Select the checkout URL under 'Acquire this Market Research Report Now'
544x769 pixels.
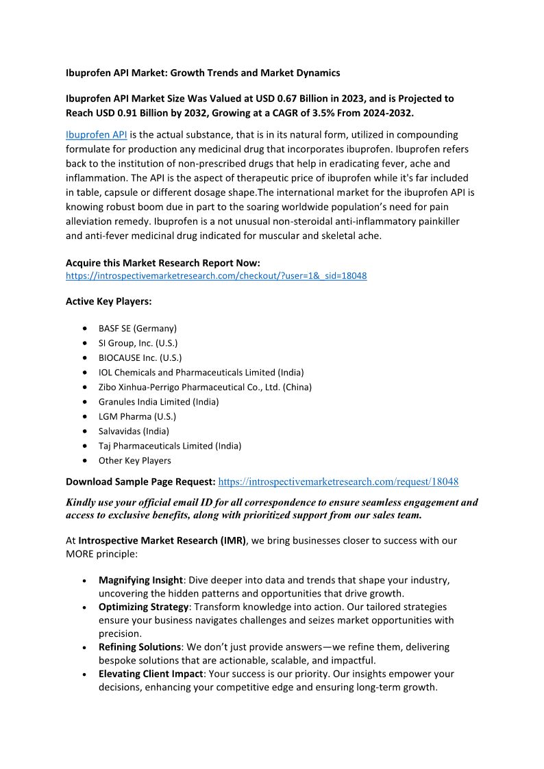point(216,276)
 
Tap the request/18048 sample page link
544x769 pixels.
point(338,482)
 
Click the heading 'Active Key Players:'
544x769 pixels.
point(108,301)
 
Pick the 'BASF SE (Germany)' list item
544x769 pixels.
point(137,328)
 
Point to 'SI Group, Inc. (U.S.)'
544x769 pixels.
point(138,343)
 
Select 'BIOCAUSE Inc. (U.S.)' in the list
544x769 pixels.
point(140,357)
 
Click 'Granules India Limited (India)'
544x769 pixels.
point(158,402)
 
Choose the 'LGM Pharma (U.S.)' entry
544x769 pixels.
point(137,416)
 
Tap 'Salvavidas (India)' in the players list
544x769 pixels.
point(134,431)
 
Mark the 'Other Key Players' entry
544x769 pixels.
point(134,461)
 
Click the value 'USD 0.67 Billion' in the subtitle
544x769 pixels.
point(275,99)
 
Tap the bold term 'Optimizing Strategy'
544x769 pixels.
point(143,607)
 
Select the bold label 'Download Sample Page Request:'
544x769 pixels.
point(140,482)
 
